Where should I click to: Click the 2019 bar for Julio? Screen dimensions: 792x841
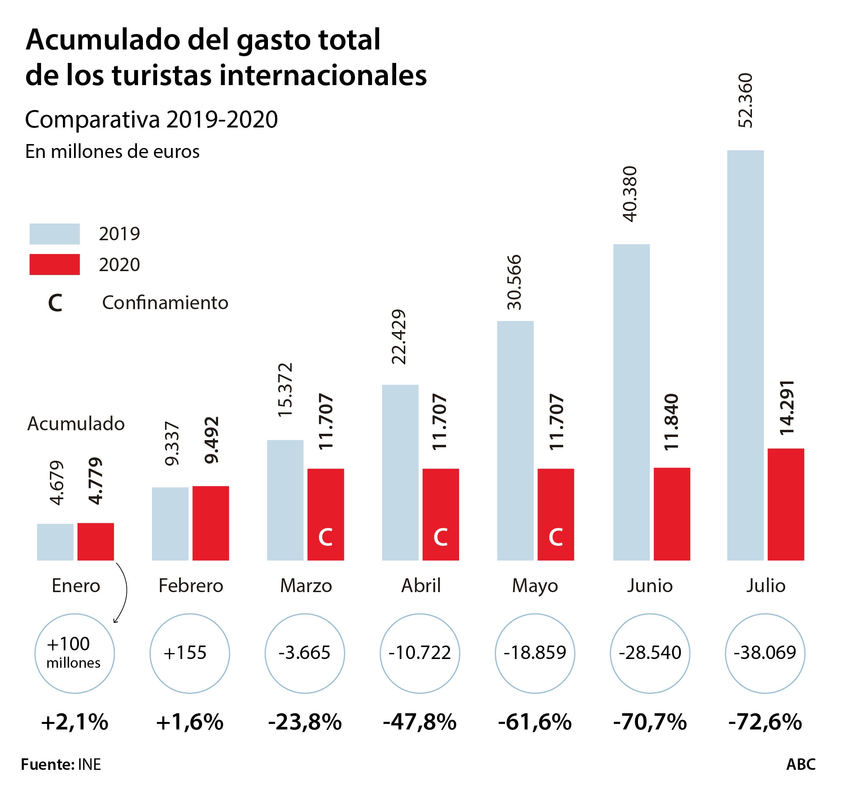[745, 355]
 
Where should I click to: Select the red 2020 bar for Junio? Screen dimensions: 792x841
[672, 514]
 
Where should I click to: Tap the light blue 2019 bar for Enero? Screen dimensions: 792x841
[55, 542]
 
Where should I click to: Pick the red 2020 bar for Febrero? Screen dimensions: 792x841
[211, 523]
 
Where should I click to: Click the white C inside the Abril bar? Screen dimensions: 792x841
[440, 537]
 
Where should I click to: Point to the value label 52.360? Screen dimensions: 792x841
[745, 101]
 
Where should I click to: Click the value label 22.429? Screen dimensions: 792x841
[399, 337]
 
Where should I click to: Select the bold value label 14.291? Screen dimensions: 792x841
[787, 408]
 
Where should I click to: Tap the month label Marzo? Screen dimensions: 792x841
[306, 586]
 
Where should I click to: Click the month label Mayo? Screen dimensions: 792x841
[535, 586]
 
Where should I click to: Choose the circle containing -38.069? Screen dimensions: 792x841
[765, 653]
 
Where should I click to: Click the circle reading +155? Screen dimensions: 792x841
[190, 653]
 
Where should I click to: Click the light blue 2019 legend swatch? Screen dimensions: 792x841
[55, 234]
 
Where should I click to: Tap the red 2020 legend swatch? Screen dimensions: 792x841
[55, 264]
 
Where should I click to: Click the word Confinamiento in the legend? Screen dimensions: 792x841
[165, 303]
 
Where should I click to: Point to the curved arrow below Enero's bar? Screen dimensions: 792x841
[123, 592]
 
